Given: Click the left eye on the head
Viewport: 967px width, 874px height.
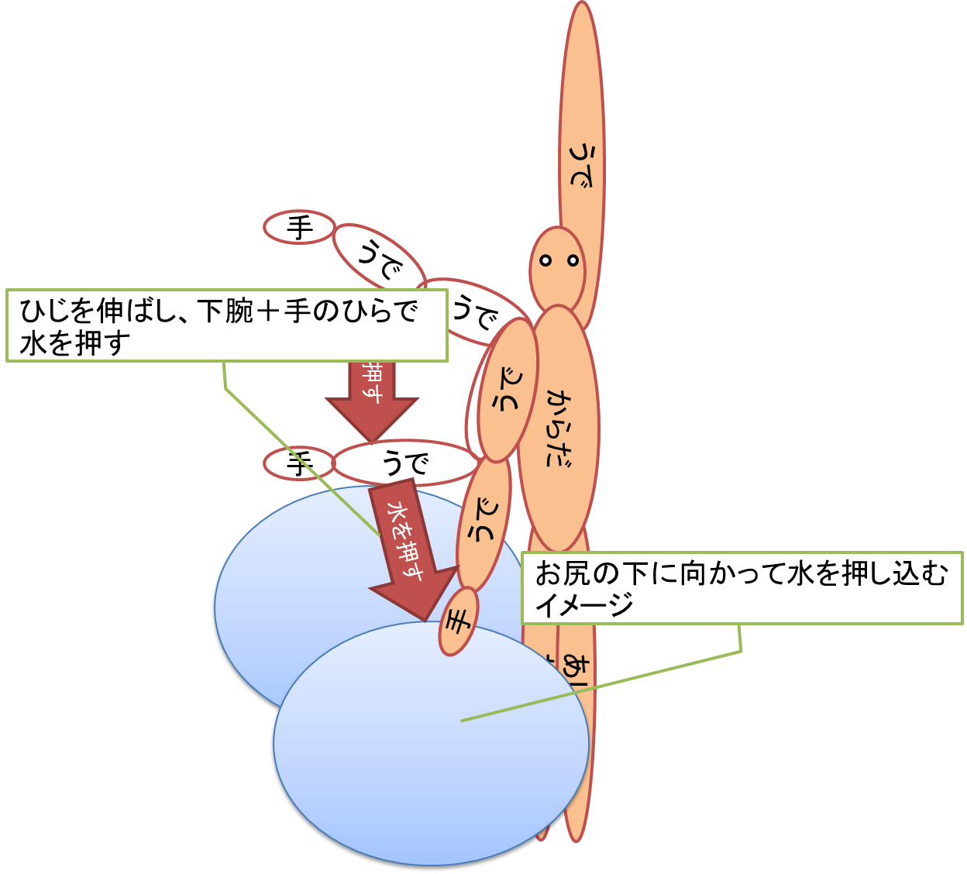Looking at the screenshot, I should pos(545,261).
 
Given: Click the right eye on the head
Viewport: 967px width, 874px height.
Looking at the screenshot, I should pos(573,260).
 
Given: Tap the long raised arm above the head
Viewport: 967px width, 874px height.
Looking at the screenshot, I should pos(581,139).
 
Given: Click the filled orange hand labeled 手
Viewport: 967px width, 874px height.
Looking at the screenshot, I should pos(458,621).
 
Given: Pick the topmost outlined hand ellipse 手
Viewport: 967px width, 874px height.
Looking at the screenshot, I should pos(299,228).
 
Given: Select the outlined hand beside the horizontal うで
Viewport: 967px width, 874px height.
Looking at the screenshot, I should pos(298,464).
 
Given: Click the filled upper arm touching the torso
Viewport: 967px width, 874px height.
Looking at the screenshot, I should pos(508,392).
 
